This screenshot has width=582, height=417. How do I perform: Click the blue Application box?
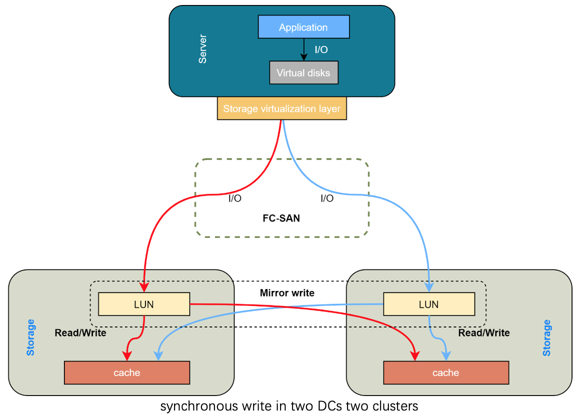pyautogui.click(x=303, y=27)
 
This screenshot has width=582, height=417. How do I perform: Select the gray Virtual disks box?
pyautogui.click(x=303, y=73)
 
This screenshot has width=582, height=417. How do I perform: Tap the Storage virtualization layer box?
pyautogui.click(x=281, y=108)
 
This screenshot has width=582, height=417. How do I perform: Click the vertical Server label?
pyautogui.click(x=202, y=49)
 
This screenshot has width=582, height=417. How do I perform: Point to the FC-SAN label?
pyautogui.click(x=281, y=218)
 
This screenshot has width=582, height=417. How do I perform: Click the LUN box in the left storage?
pyautogui.click(x=144, y=304)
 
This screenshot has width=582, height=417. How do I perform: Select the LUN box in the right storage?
pyautogui.click(x=428, y=304)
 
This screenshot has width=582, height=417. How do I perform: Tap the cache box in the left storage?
pyautogui.click(x=127, y=372)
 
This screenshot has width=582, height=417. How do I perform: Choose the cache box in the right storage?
pyautogui.click(x=445, y=372)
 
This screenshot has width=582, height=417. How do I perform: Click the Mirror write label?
pyautogui.click(x=287, y=293)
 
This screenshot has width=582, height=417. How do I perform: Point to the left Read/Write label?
pyautogui.click(x=80, y=333)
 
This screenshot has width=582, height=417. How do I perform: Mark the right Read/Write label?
pyautogui.click(x=484, y=333)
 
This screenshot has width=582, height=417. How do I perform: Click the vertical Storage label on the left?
pyautogui.click(x=31, y=337)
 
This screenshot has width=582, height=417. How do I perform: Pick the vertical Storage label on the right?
pyautogui.click(x=547, y=337)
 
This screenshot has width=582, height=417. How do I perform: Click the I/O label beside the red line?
pyautogui.click(x=235, y=198)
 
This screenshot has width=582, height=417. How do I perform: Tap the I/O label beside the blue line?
pyautogui.click(x=327, y=198)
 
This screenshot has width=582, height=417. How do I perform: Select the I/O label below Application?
pyautogui.click(x=321, y=50)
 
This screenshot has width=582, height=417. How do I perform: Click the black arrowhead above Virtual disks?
pyautogui.click(x=303, y=57)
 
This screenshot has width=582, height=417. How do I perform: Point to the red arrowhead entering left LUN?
pyautogui.click(x=144, y=287)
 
